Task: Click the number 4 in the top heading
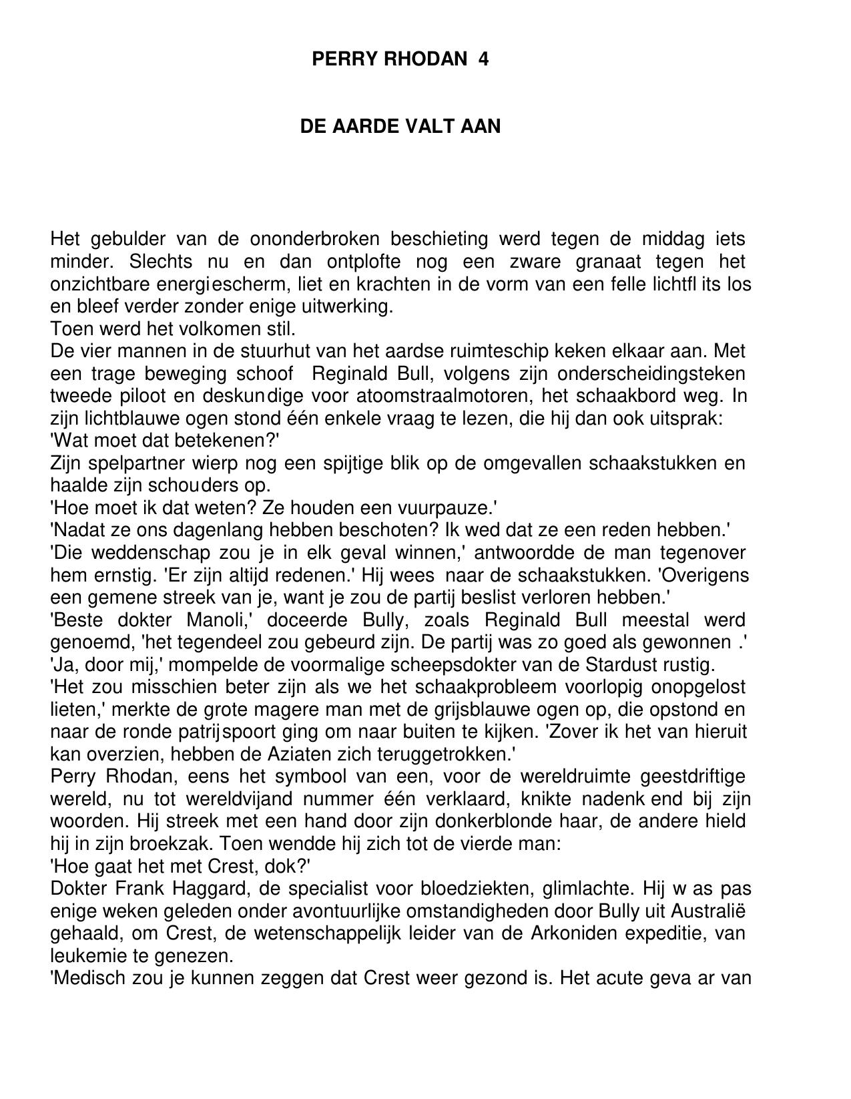483,59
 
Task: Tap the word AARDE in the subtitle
368,126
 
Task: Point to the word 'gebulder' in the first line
127,239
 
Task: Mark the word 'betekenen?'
227,441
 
